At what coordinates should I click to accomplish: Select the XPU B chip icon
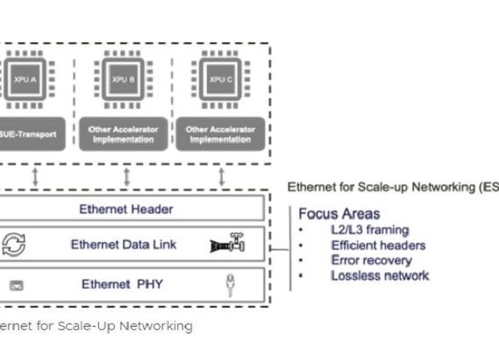(x=126, y=80)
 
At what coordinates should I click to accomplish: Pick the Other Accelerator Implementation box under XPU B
(x=126, y=133)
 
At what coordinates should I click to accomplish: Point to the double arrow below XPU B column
(x=126, y=176)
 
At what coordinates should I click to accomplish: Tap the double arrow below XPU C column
(x=221, y=176)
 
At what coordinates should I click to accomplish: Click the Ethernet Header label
(x=126, y=210)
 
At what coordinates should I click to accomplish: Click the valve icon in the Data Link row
(x=228, y=244)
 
